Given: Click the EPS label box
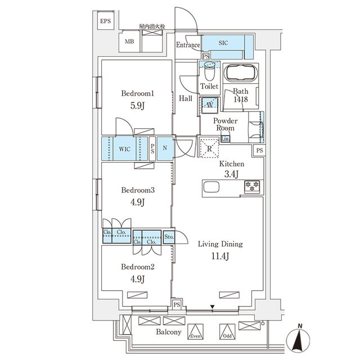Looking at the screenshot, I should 106,22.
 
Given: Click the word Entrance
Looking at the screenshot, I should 188,45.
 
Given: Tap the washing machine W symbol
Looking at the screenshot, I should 209,105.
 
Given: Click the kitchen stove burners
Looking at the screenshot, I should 251,186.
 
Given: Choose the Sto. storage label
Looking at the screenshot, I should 169,237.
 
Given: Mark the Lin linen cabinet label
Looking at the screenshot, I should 226,139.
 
